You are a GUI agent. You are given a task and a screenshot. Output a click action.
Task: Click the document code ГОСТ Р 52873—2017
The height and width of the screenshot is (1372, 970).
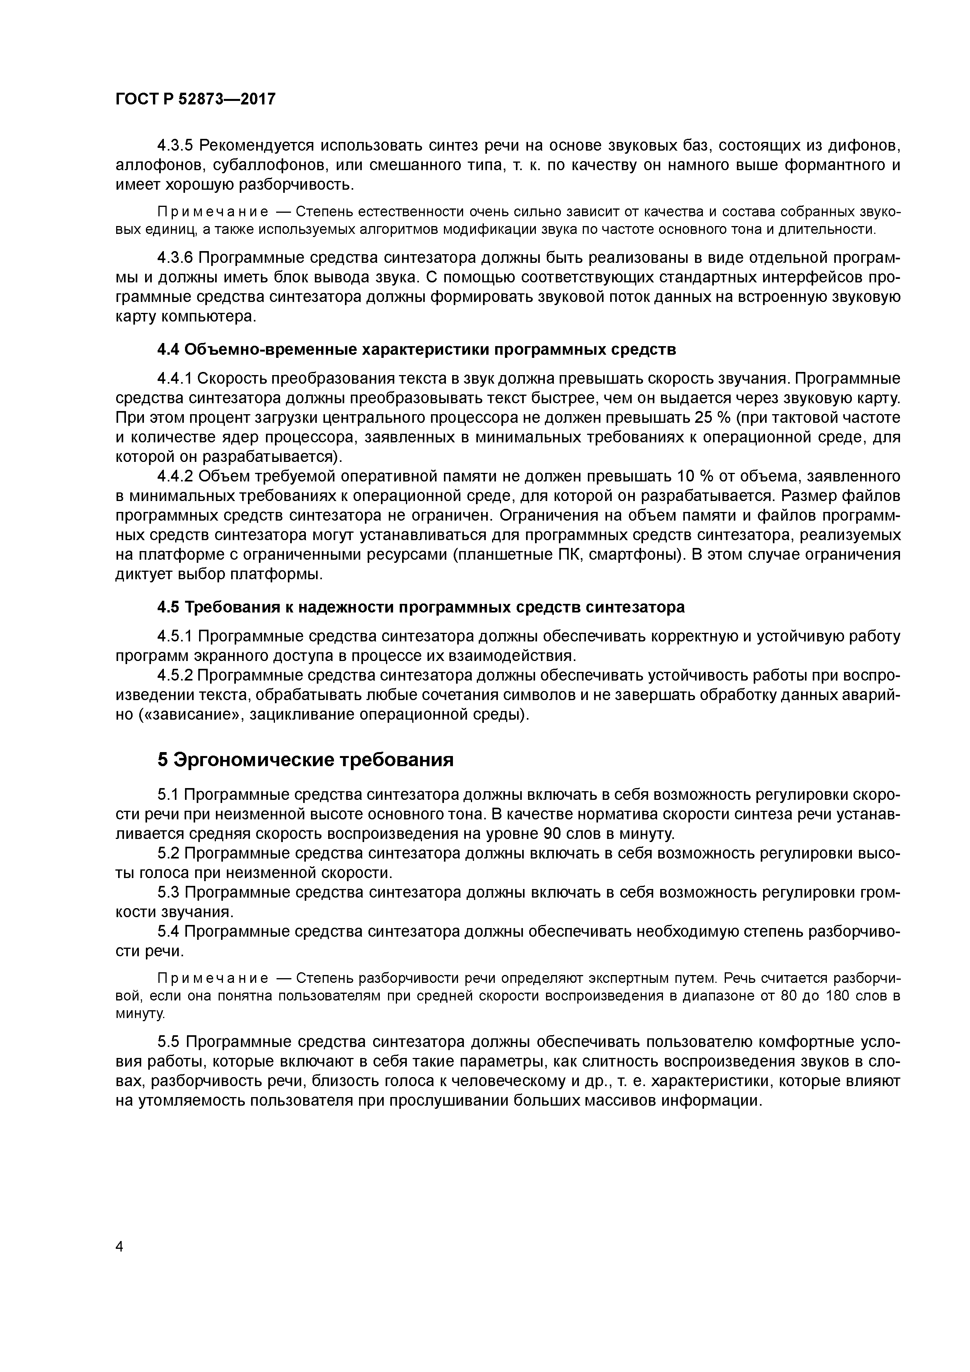click(196, 99)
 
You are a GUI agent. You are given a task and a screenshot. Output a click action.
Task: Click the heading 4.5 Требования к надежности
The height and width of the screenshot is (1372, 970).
click(421, 607)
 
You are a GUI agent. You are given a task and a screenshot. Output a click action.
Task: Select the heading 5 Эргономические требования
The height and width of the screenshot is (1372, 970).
click(305, 760)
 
